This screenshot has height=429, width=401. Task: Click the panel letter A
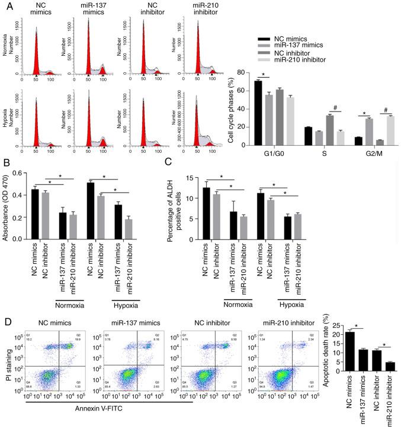pos(6,7)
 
